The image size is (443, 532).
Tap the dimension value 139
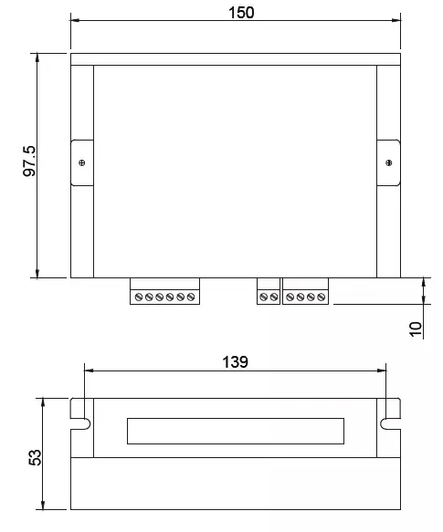point(236,361)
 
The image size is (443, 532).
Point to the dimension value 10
point(416,329)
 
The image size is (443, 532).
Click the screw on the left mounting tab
point(83,163)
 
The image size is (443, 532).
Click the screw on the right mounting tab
point(390,163)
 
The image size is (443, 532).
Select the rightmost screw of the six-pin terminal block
point(193,297)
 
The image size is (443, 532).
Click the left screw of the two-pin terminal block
point(264,297)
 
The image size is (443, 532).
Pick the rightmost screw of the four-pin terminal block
point(322,297)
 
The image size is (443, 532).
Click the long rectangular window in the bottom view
point(236,430)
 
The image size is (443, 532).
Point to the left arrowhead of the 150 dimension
point(74,20)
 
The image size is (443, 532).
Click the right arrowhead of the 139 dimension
point(384,370)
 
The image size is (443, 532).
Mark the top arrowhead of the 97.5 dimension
point(37,57)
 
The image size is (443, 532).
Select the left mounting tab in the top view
point(82,163)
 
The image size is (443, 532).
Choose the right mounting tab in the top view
point(389,163)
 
